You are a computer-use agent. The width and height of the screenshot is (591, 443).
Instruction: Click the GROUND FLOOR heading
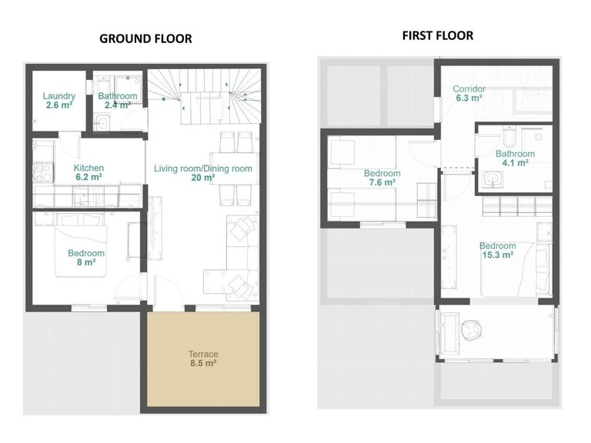(145, 38)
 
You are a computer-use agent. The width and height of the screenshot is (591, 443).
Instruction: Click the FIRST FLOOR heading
(437, 35)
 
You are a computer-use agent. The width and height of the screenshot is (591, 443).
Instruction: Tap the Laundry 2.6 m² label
(59, 101)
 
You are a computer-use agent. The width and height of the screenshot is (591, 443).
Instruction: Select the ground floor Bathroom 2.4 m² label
(118, 101)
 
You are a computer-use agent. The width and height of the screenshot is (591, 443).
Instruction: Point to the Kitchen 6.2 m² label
(88, 172)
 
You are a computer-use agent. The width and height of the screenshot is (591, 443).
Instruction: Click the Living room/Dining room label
(203, 173)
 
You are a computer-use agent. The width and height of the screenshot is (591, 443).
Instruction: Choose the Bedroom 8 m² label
(85, 258)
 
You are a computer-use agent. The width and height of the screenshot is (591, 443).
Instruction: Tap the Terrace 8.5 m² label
(203, 358)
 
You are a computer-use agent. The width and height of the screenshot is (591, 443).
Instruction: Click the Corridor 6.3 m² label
(469, 93)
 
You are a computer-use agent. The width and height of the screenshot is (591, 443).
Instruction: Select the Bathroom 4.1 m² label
(516, 158)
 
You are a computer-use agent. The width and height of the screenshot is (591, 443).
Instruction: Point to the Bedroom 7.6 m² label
(382, 178)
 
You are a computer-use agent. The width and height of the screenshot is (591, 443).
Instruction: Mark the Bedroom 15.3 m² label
(497, 251)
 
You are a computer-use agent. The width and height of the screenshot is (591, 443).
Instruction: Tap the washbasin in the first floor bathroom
(492, 181)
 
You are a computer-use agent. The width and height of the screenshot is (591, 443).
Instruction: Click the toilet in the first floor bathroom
(509, 137)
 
